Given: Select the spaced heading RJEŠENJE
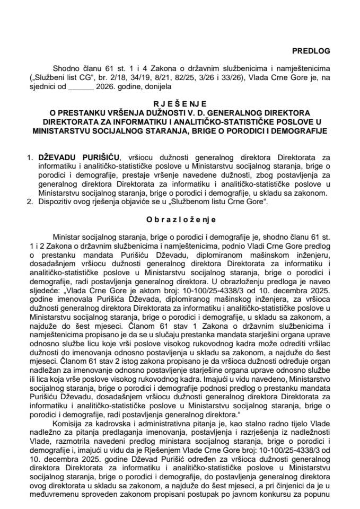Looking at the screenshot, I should click(180, 104).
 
